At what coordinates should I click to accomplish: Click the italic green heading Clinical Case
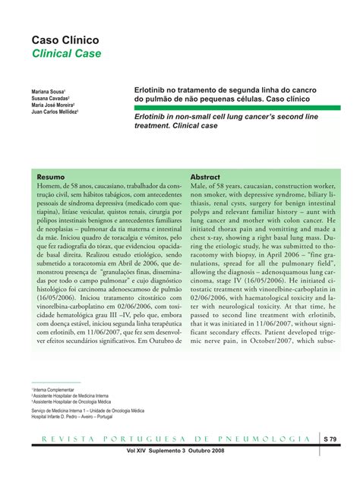(66, 54)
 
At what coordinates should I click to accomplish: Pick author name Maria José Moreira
(54, 105)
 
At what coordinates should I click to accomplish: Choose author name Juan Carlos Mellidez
(55, 112)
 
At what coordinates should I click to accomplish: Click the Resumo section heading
(51, 176)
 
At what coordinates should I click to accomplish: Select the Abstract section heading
(205, 176)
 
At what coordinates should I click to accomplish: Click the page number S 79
(330, 439)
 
